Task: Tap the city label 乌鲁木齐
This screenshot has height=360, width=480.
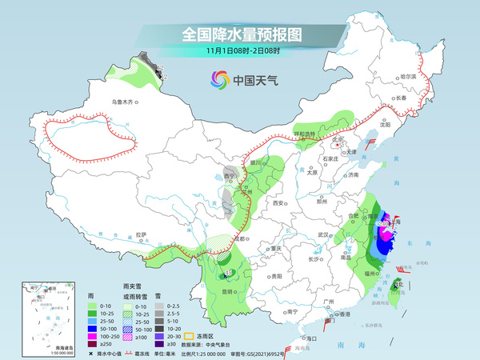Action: click(x=125, y=102)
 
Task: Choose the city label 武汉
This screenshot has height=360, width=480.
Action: click(x=323, y=234)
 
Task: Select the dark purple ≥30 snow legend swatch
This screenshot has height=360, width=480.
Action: click(x=160, y=345)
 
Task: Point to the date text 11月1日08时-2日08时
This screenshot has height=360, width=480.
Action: click(x=239, y=53)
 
